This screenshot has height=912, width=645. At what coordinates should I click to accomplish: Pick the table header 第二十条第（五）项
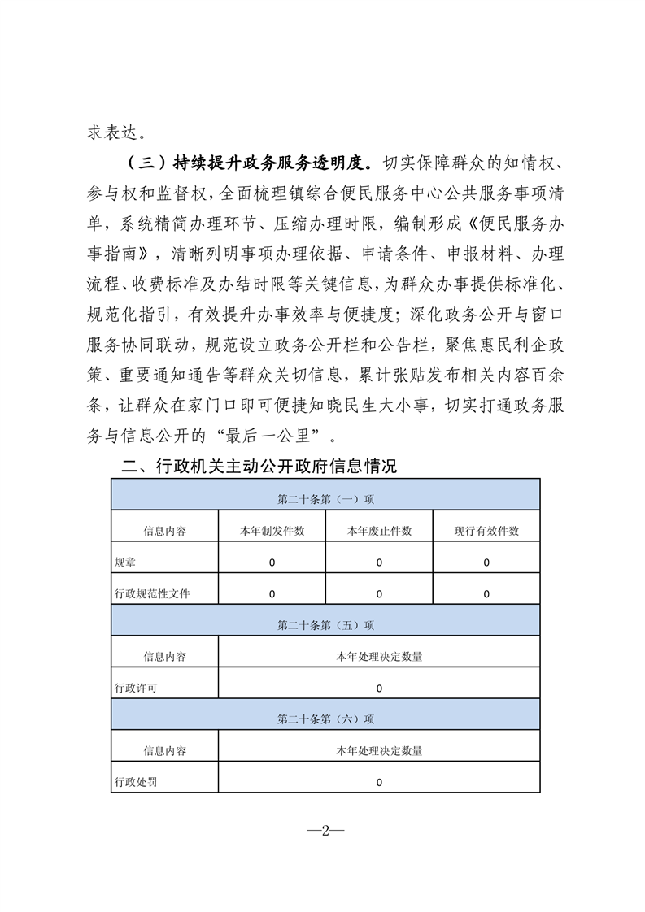tap(325, 625)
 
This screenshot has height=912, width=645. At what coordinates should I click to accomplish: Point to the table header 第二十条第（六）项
tap(325, 719)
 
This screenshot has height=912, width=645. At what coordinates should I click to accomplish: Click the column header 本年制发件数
tap(272, 531)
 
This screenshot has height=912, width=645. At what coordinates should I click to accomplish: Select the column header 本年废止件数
tap(379, 531)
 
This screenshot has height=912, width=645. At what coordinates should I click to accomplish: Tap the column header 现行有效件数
tap(486, 531)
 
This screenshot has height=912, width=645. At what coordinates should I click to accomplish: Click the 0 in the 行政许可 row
tap(379, 688)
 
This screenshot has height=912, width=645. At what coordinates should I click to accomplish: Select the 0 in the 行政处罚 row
tap(379, 782)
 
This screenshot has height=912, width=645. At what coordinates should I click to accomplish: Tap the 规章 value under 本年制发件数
tap(272, 562)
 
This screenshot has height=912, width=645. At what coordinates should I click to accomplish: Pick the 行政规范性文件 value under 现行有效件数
tap(486, 594)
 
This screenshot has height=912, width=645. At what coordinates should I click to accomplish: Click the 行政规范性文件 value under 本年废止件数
tap(379, 594)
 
